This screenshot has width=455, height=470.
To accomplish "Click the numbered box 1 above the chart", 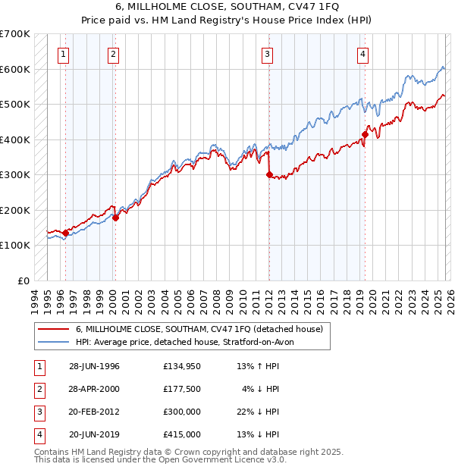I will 63,54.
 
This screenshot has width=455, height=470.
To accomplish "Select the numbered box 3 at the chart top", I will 268,54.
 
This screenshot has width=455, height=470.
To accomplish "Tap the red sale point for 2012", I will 269,174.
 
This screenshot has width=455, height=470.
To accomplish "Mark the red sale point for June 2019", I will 365,134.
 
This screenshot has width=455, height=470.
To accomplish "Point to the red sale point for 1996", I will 65,233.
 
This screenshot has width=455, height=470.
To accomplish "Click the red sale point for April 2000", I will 115,218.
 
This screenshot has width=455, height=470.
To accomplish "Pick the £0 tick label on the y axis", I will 24,280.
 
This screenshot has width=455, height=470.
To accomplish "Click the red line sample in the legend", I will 54,329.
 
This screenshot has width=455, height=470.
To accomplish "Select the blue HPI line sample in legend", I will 54,342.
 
